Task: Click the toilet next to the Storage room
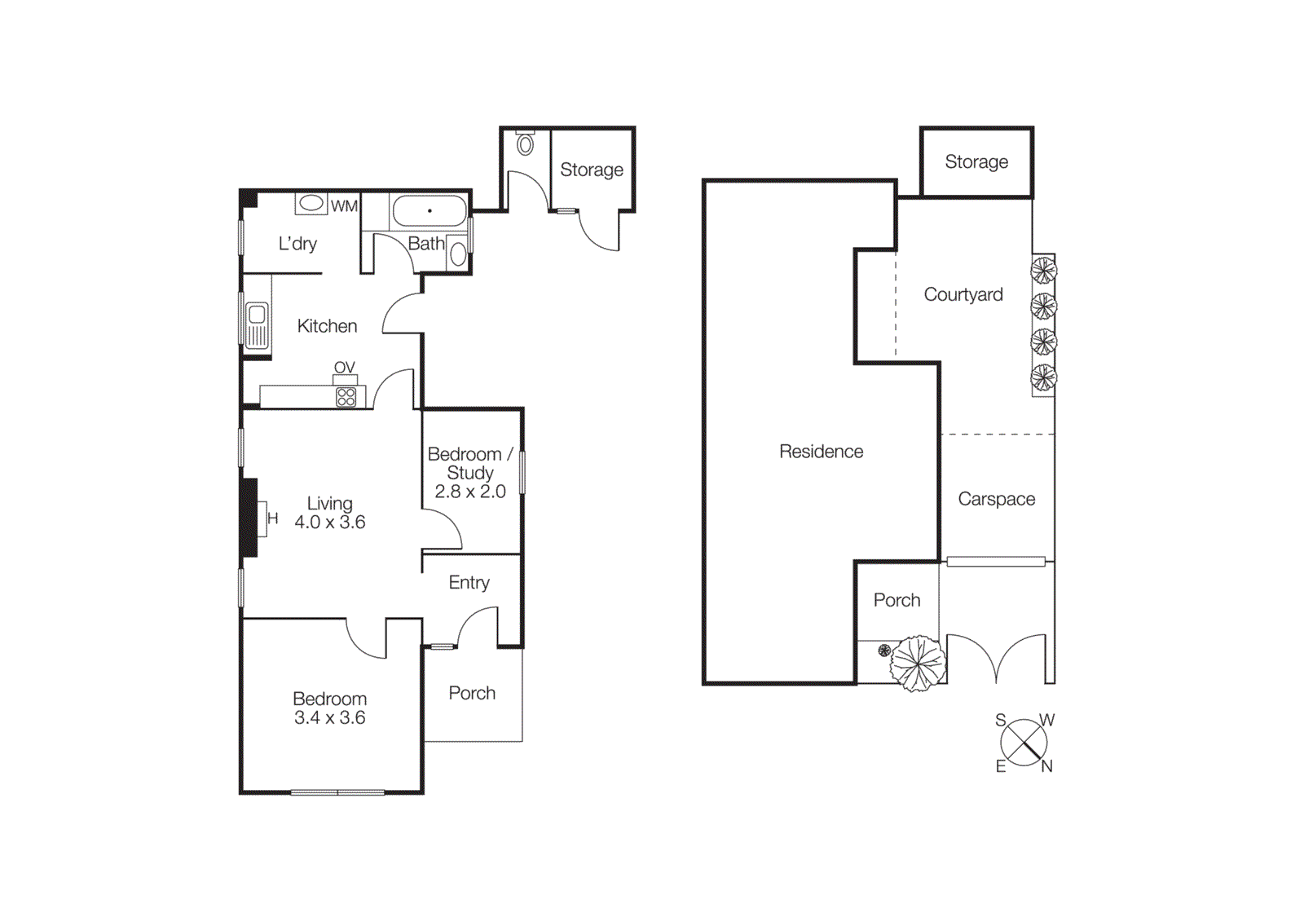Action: point(526,144)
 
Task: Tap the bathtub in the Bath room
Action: point(430,211)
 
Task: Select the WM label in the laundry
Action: point(344,206)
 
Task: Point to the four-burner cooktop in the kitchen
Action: point(346,397)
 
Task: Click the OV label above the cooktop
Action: point(344,368)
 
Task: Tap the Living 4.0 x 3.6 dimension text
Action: point(330,522)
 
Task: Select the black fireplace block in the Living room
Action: point(249,518)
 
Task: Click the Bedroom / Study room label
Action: point(470,463)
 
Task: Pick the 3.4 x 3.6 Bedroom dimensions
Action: point(330,717)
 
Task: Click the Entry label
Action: point(469,582)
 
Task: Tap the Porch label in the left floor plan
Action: point(472,693)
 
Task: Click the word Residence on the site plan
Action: point(821,452)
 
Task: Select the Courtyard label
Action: point(963,294)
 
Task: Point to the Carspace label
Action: point(996,499)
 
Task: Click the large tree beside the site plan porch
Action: point(919,663)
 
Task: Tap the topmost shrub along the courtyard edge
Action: point(1043,271)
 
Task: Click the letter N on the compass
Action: point(1047,766)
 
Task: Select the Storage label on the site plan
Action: point(976,161)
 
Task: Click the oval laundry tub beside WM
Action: point(311,203)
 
